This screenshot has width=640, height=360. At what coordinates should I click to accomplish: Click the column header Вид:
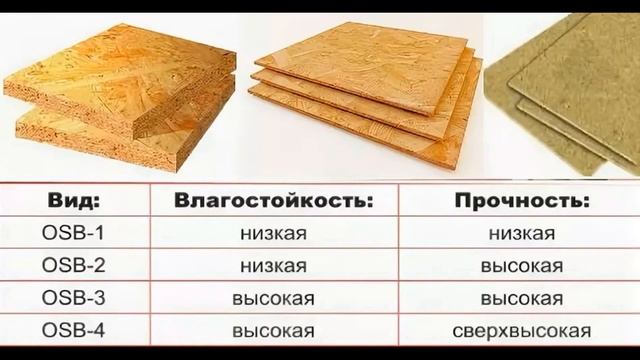72,202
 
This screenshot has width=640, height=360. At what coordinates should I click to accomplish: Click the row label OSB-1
72,235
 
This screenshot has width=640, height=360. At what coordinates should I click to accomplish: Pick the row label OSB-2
72,267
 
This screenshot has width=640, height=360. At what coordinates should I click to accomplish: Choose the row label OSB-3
72,298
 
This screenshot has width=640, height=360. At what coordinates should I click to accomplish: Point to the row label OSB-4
72,329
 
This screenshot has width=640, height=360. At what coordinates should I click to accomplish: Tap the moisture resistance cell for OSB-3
273,298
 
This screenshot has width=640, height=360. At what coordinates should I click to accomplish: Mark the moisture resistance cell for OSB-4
273,329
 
